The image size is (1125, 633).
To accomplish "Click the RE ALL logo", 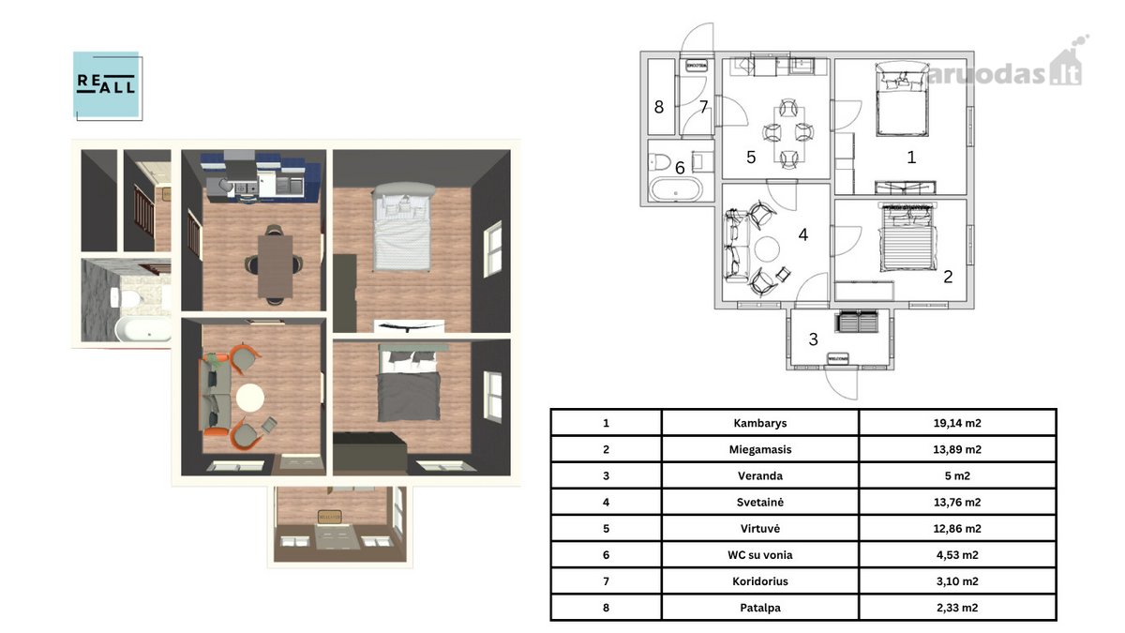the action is tap(108, 85).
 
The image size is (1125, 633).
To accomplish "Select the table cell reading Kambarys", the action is tap(760, 423).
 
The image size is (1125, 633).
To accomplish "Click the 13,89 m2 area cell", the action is tap(957, 449).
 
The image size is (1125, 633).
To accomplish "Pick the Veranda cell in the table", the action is tap(760, 475).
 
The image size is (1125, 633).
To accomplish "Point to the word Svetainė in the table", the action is tap(760, 503).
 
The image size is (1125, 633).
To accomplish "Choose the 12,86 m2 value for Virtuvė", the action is tap(957, 529).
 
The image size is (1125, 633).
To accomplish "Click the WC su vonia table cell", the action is tap(760, 555).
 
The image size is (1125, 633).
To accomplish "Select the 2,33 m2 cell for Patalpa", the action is tap(957, 608).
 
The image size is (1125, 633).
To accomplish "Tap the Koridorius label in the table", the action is tap(760, 581).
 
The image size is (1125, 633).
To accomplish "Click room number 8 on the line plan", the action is tap(659, 107).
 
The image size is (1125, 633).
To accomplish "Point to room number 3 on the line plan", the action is tap(814, 339).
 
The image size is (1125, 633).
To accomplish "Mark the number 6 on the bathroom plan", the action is tap(680, 168).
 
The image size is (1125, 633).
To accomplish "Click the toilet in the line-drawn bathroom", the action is tap(659, 162).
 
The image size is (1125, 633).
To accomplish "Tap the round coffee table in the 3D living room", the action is tap(250, 398).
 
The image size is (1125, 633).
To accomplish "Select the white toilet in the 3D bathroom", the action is tap(127, 297).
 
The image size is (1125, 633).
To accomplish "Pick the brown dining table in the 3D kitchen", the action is tap(275, 266).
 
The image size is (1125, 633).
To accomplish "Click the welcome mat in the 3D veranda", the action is tap(330, 516).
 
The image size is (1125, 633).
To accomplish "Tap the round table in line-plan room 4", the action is tap(767, 249).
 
